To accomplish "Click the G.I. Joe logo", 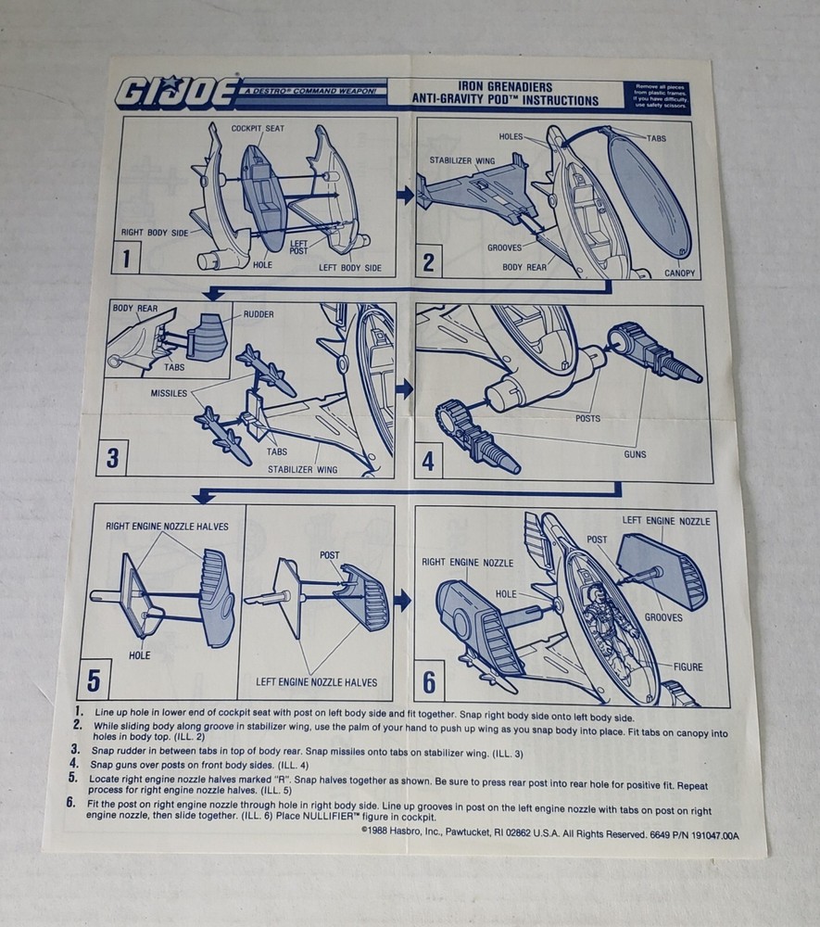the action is pyautogui.click(x=177, y=93).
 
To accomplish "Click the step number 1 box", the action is pyautogui.click(x=126, y=259).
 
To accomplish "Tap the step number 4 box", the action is pyautogui.click(x=428, y=461).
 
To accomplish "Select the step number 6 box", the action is pyautogui.click(x=429, y=681).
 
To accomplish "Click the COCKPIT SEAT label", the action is pyautogui.click(x=258, y=128).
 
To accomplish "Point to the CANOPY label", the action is pyautogui.click(x=679, y=273).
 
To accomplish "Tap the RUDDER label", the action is pyautogui.click(x=259, y=314).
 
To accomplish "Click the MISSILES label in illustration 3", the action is pyautogui.click(x=169, y=393).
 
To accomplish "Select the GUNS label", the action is pyautogui.click(x=635, y=454).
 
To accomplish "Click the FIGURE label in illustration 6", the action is pyautogui.click(x=688, y=667).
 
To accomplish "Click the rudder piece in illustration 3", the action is pyautogui.click(x=208, y=337).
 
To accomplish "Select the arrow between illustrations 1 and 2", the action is pyautogui.click(x=405, y=195).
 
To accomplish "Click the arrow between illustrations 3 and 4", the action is pyautogui.click(x=404, y=389).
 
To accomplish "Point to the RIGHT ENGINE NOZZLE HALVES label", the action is pyautogui.click(x=167, y=527).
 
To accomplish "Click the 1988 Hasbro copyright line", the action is pyautogui.click(x=549, y=834).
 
